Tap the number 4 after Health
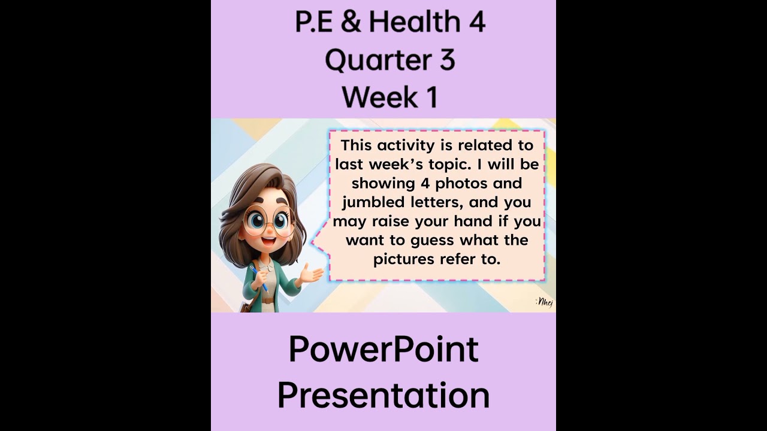[475, 22]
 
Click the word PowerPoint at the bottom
[383, 350]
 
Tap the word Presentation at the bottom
[383, 396]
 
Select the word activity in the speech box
[401, 145]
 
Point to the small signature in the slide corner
[544, 302]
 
